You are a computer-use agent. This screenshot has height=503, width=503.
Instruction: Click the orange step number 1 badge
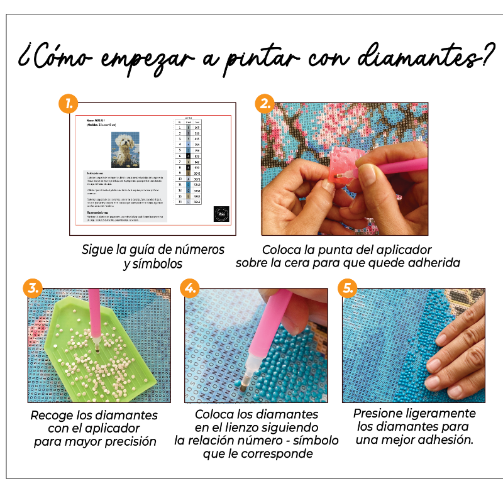click(68, 104)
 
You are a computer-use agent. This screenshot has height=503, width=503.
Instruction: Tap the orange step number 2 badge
click(265, 103)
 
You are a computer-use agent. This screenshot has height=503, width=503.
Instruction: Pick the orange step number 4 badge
click(189, 289)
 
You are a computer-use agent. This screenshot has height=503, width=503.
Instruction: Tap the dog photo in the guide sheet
click(124, 150)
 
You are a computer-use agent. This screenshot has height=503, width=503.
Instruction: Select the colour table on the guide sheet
click(189, 160)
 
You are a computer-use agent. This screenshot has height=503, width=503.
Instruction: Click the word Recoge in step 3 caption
click(51, 416)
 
